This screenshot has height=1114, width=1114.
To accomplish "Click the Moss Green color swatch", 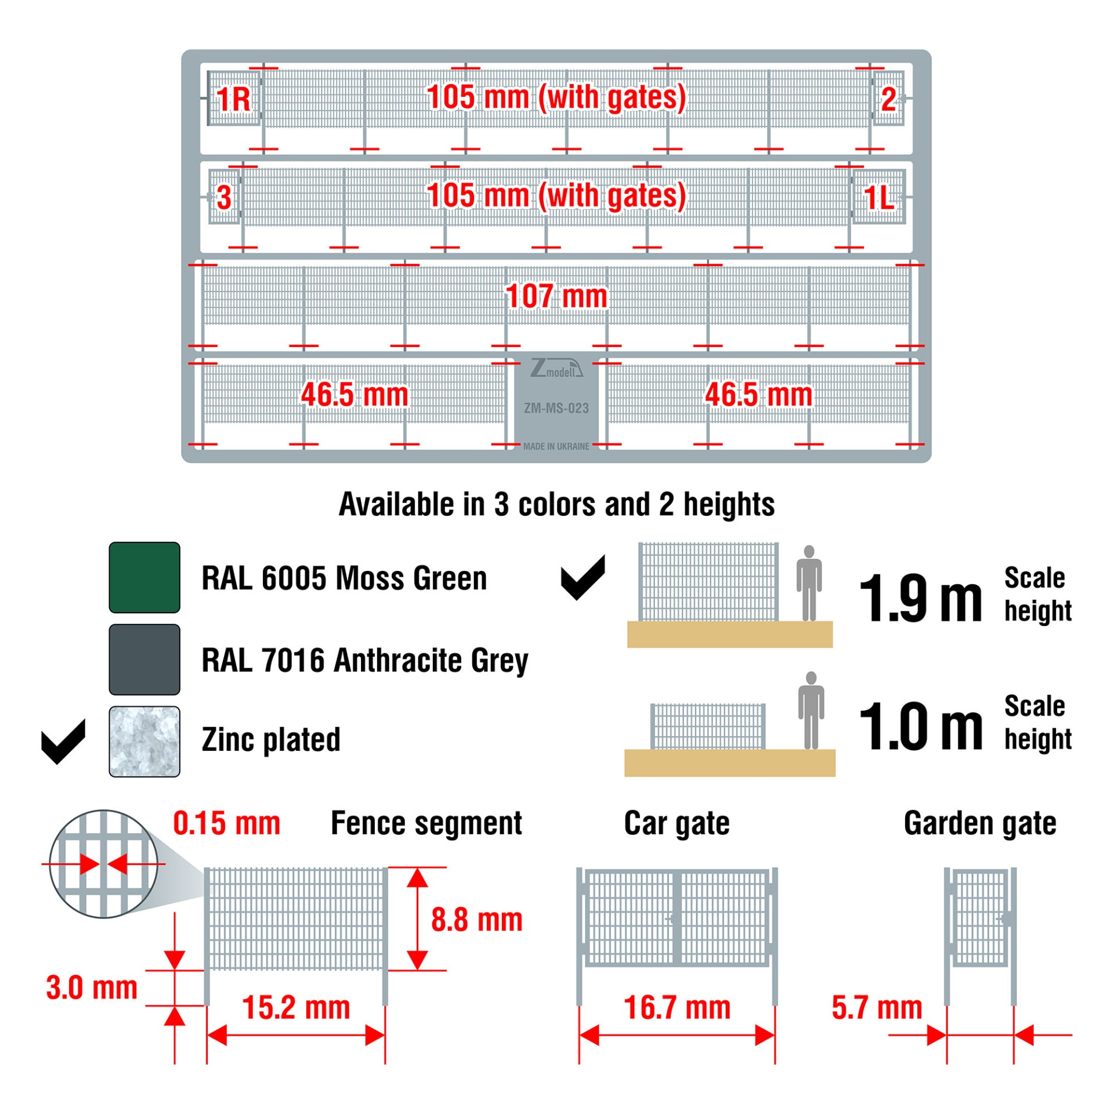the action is pyautogui.click(x=144, y=577).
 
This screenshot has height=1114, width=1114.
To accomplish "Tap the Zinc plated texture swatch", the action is pyautogui.click(x=144, y=741).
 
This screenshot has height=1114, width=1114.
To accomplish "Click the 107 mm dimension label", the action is pyautogui.click(x=556, y=296).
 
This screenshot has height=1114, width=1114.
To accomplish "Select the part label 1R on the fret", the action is pyautogui.click(x=233, y=99).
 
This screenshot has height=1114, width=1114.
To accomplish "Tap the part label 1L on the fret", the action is pyautogui.click(x=878, y=198).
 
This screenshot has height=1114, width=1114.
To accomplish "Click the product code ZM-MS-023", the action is pyautogui.click(x=556, y=408).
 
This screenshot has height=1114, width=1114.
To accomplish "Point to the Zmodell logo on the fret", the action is pyautogui.click(x=556, y=368).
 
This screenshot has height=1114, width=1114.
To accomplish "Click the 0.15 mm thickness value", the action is pyautogui.click(x=226, y=823).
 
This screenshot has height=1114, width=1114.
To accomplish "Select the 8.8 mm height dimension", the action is pyautogui.click(x=476, y=920).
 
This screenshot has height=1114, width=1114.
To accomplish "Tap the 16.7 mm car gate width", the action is pyautogui.click(x=677, y=1007).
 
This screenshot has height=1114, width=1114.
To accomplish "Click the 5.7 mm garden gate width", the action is pyautogui.click(x=876, y=1007).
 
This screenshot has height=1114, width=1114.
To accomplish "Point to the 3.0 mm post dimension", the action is pyautogui.click(x=92, y=988).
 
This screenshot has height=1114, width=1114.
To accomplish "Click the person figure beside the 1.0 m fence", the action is pyautogui.click(x=811, y=710).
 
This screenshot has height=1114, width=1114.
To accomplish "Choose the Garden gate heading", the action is pyautogui.click(x=979, y=823).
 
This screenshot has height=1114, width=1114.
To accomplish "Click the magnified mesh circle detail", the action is pyautogui.click(x=103, y=863).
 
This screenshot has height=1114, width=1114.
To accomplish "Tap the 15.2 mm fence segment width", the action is pyautogui.click(x=295, y=1007).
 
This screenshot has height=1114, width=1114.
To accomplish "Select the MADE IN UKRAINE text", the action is pyautogui.click(x=556, y=446).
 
